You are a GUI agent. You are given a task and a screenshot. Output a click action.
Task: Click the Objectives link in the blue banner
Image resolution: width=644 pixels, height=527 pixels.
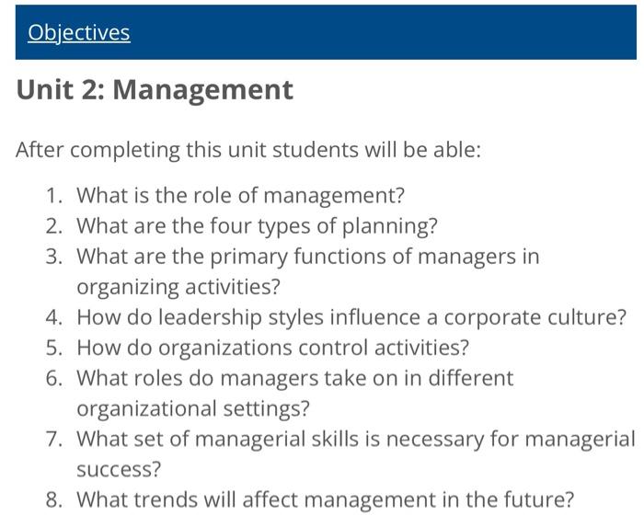pos(78,33)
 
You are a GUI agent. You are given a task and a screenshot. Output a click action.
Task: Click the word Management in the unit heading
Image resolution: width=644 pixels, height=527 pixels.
pos(202,90)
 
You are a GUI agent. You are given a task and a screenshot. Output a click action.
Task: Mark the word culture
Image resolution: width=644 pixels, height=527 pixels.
pos(592,317)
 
